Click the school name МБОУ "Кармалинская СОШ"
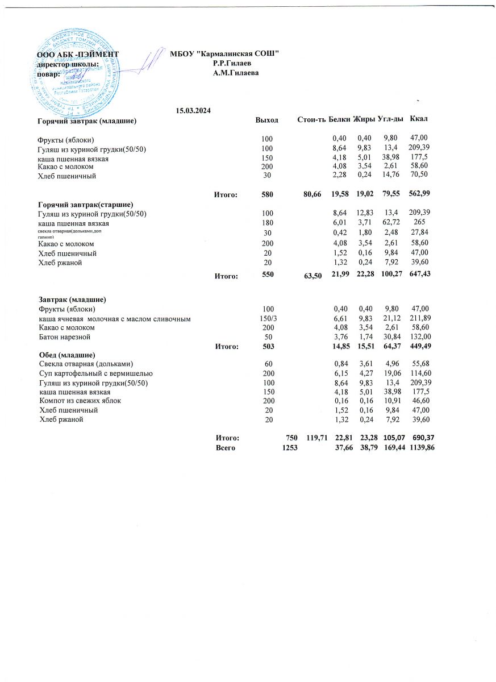pyautogui.click(x=224, y=54)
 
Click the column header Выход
pyautogui.click(x=267, y=120)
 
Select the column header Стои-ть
pyautogui.click(x=311, y=119)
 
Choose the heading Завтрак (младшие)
pyautogui.click(x=73, y=299)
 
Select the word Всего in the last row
pyautogui.click(x=226, y=448)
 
